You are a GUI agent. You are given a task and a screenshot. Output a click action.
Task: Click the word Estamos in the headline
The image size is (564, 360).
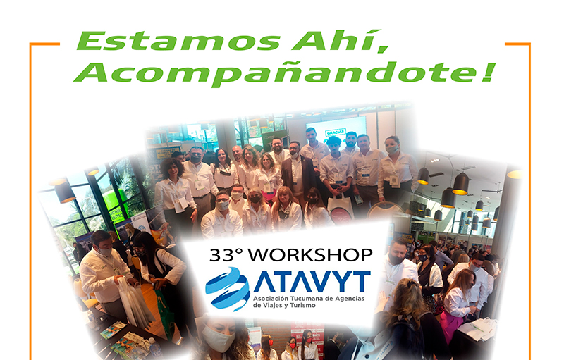[x=178, y=41]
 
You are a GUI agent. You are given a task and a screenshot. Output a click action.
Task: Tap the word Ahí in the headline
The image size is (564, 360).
[x=341, y=41]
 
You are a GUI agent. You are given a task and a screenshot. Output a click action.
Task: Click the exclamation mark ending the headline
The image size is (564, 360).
[x=488, y=71]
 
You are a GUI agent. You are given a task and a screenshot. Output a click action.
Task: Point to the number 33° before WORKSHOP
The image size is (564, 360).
[x=226, y=255]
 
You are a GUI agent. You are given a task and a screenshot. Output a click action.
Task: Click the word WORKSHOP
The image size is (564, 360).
[x=310, y=255]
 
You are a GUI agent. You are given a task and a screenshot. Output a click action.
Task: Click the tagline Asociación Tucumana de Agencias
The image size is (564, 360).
[x=309, y=299]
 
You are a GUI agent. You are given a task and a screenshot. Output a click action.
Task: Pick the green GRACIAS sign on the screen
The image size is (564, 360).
[x=336, y=132]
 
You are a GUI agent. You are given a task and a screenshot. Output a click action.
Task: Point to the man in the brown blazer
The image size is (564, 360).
[x=298, y=173]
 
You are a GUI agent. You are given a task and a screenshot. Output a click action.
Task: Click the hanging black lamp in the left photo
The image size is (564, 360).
[x=65, y=191]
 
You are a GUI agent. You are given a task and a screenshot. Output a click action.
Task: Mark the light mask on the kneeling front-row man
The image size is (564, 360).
[x=222, y=206]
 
